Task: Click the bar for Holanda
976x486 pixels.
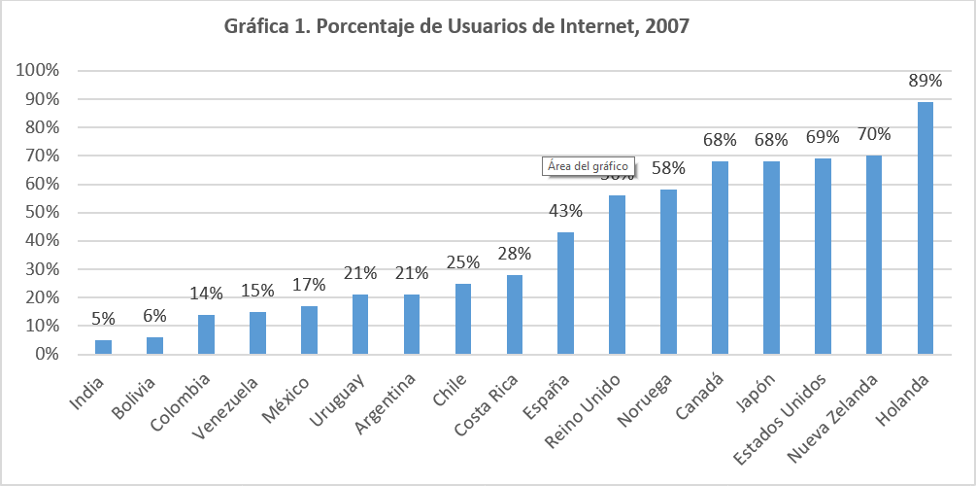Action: (x=926, y=228)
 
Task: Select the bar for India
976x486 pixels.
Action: (x=103, y=347)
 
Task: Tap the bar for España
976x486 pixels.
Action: (x=565, y=294)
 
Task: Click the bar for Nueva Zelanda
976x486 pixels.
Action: (x=874, y=256)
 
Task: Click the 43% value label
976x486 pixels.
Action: (x=565, y=211)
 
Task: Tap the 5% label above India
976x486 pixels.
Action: (x=103, y=318)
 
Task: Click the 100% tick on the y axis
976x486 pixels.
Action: (x=38, y=71)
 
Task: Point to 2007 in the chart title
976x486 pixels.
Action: (x=665, y=27)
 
